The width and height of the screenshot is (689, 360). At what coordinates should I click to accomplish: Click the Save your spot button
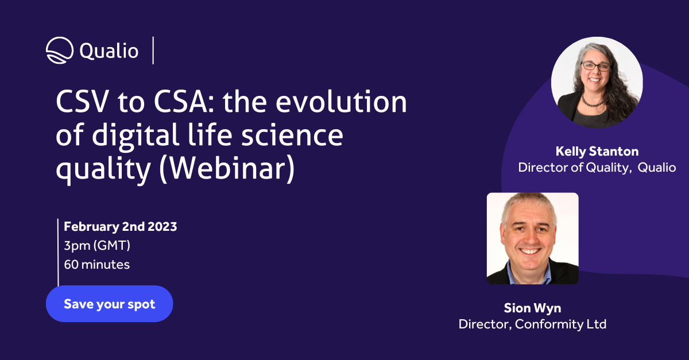click(109, 304)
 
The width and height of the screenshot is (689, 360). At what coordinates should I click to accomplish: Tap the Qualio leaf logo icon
click(60, 51)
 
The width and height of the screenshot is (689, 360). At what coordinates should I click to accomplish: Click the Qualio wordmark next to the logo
click(109, 51)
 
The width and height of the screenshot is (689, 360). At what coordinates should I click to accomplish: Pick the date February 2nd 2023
click(121, 226)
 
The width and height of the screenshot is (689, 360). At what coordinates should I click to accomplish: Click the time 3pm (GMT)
click(97, 245)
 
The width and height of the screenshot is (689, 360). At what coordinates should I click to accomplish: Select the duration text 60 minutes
click(96, 265)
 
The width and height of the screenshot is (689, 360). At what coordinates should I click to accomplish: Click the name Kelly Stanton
click(597, 152)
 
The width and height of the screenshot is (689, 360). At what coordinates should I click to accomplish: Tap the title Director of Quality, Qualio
click(597, 168)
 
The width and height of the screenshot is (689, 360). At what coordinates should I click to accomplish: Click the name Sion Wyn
click(532, 308)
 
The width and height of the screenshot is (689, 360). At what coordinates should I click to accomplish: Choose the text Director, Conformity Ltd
click(532, 324)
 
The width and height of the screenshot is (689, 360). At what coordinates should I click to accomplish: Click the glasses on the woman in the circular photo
click(595, 67)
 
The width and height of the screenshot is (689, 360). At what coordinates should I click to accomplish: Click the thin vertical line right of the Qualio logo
click(153, 51)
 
